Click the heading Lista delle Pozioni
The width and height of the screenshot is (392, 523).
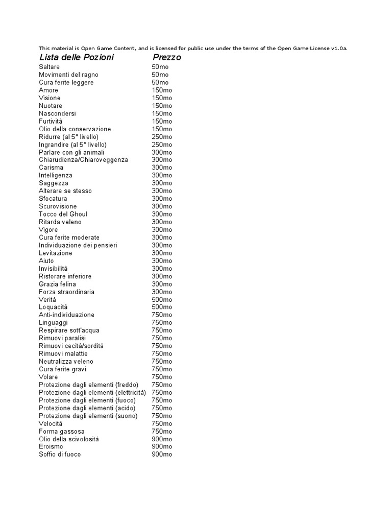pyautogui.click(x=76, y=57)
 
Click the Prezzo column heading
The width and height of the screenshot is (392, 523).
pyautogui.click(x=167, y=58)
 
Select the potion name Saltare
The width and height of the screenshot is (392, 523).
pyautogui.click(x=49, y=67)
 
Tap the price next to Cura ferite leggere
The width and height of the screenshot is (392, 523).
pyautogui.click(x=160, y=82)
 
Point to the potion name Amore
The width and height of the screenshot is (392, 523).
pyautogui.click(x=48, y=90)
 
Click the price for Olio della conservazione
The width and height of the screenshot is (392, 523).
pyautogui.click(x=162, y=129)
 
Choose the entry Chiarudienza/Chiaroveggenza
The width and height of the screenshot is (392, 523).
pyautogui.click(x=83, y=160)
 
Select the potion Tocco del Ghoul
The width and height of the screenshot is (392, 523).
pyautogui.click(x=63, y=214)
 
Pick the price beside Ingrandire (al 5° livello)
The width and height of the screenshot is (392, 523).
pyautogui.click(x=162, y=145)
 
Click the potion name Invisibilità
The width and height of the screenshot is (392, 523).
pyautogui.click(x=53, y=269)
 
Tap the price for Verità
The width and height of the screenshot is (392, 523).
pyautogui.click(x=162, y=299)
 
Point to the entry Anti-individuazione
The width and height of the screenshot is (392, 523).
pyautogui.click(x=66, y=315)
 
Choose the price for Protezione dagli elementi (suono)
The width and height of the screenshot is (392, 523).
pyautogui.click(x=162, y=416)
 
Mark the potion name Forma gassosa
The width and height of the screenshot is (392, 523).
pyautogui.click(x=62, y=432)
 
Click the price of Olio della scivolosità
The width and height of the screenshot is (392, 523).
pyautogui.click(x=162, y=439)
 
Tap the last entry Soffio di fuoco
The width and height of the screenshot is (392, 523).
pyautogui.click(x=60, y=455)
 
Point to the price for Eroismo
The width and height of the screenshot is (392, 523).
pyautogui.click(x=162, y=447)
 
